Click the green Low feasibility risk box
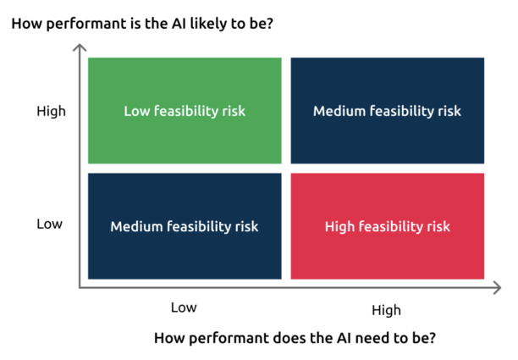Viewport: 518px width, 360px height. [185, 110]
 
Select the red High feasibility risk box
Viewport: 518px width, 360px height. [388, 226]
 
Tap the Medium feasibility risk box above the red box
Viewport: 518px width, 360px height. [388, 110]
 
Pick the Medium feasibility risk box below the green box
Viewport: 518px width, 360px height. [185, 226]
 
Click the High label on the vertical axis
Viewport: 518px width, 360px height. [51, 112]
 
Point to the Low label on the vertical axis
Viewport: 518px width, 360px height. [50, 224]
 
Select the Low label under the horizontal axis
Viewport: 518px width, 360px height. [184, 307]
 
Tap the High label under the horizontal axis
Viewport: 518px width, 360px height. [386, 311]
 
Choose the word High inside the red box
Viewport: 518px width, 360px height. [339, 227]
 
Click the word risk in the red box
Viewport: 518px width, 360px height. [438, 227]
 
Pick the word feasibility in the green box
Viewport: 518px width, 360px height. [186, 112]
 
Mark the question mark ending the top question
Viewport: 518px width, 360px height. [270, 23]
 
